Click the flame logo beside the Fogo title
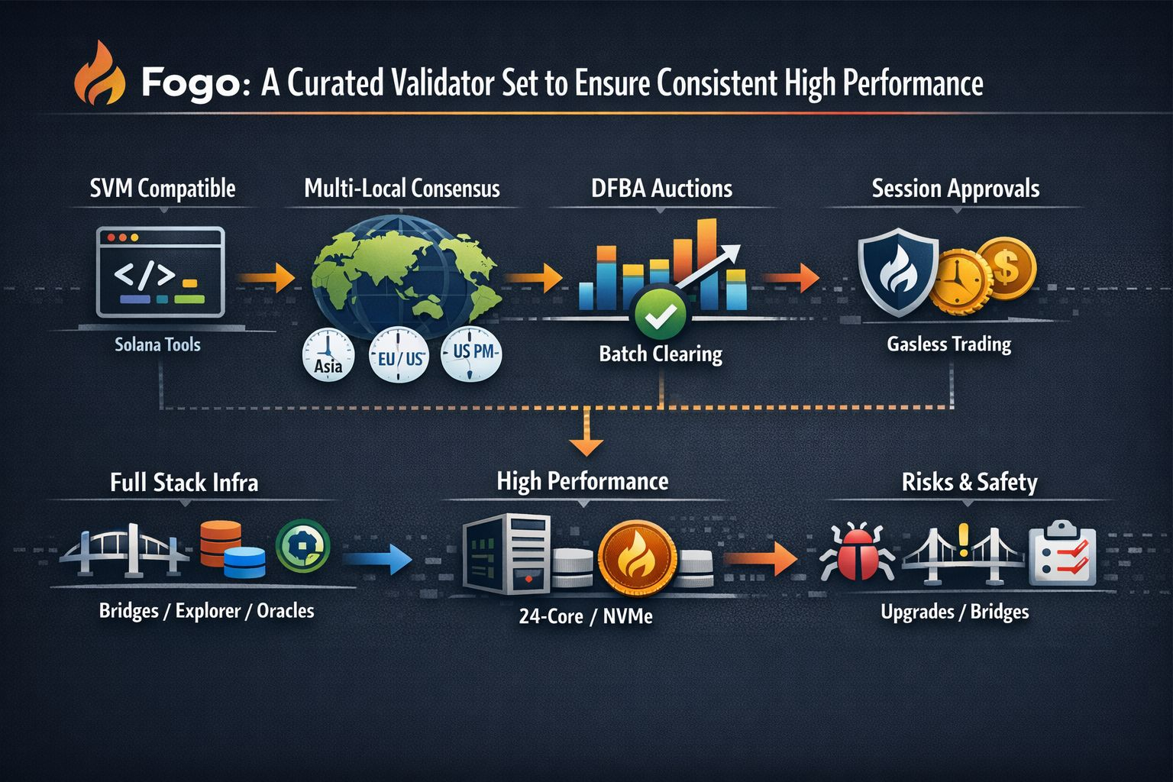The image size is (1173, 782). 99,75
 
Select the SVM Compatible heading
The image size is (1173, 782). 163,189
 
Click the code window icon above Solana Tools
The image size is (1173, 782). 160,272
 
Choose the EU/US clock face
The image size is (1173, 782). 398,355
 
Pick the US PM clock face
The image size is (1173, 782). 471,354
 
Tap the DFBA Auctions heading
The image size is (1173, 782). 661,189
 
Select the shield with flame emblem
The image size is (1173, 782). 898,271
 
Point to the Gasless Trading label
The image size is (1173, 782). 948,344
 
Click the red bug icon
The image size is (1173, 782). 851,551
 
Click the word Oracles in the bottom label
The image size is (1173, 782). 286,611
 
